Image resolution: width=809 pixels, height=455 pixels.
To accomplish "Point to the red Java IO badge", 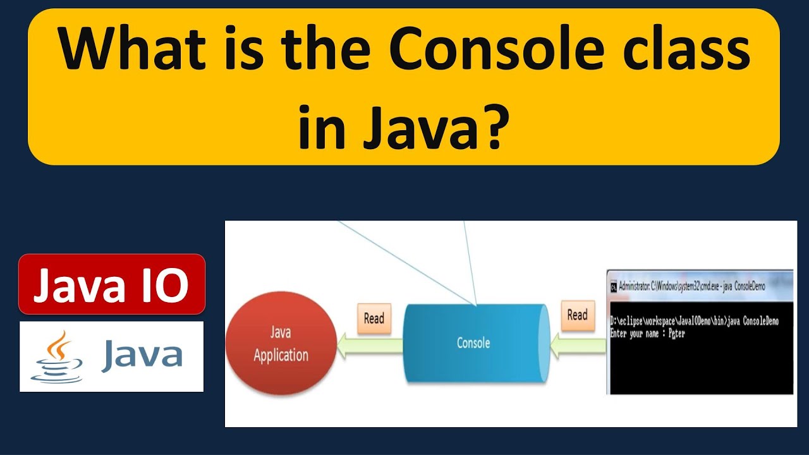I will coord(112,284).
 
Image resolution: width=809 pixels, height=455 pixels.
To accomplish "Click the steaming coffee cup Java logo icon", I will coord(56,357).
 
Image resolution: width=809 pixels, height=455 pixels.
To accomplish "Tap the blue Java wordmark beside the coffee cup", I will coord(142,355).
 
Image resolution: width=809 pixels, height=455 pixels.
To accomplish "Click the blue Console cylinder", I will coord(474,343).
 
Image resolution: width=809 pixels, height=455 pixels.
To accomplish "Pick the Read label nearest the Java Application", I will coord(374,318).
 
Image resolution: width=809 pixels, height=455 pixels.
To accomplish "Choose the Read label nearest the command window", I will coord(577,315).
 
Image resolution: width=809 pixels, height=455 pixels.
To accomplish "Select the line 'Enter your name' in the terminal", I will coord(647,334).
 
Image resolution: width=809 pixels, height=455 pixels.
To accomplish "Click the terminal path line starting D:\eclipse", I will coord(694,322).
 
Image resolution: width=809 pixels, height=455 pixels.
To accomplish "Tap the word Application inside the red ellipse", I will coord(281,355).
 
